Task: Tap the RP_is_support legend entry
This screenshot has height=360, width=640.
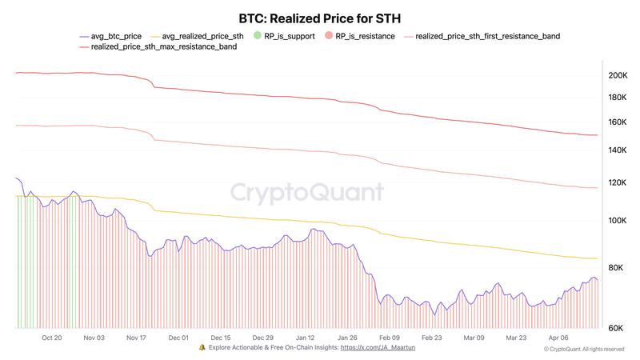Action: point(281,36)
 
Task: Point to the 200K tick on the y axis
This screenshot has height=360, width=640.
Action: point(617,76)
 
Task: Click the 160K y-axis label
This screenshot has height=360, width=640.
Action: point(617,122)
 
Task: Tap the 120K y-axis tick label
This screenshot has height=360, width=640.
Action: point(617,183)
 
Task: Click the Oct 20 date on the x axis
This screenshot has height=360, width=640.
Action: point(52,338)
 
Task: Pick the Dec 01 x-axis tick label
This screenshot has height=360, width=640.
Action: point(178,338)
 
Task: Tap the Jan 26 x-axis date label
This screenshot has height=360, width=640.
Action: point(347,338)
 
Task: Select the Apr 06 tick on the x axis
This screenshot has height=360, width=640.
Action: point(559,338)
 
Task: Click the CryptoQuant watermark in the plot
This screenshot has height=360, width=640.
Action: point(307,193)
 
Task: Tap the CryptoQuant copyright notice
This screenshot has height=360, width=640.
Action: point(584,350)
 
